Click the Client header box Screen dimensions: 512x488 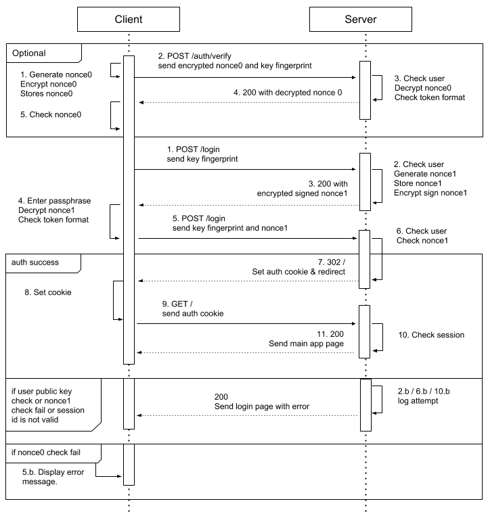(129, 19)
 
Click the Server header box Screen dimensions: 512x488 (360, 19)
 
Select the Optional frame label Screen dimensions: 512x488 (29, 53)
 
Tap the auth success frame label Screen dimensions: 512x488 (36, 262)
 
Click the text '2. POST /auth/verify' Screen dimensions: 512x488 (196, 55)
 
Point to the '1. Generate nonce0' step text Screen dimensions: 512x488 (50, 73)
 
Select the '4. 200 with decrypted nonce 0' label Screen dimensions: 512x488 (288, 91)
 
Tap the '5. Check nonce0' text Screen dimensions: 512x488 (50, 115)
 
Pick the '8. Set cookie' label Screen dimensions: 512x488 (47, 294)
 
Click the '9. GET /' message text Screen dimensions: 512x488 (173, 304)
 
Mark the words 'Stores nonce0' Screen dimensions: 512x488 (46, 93)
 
